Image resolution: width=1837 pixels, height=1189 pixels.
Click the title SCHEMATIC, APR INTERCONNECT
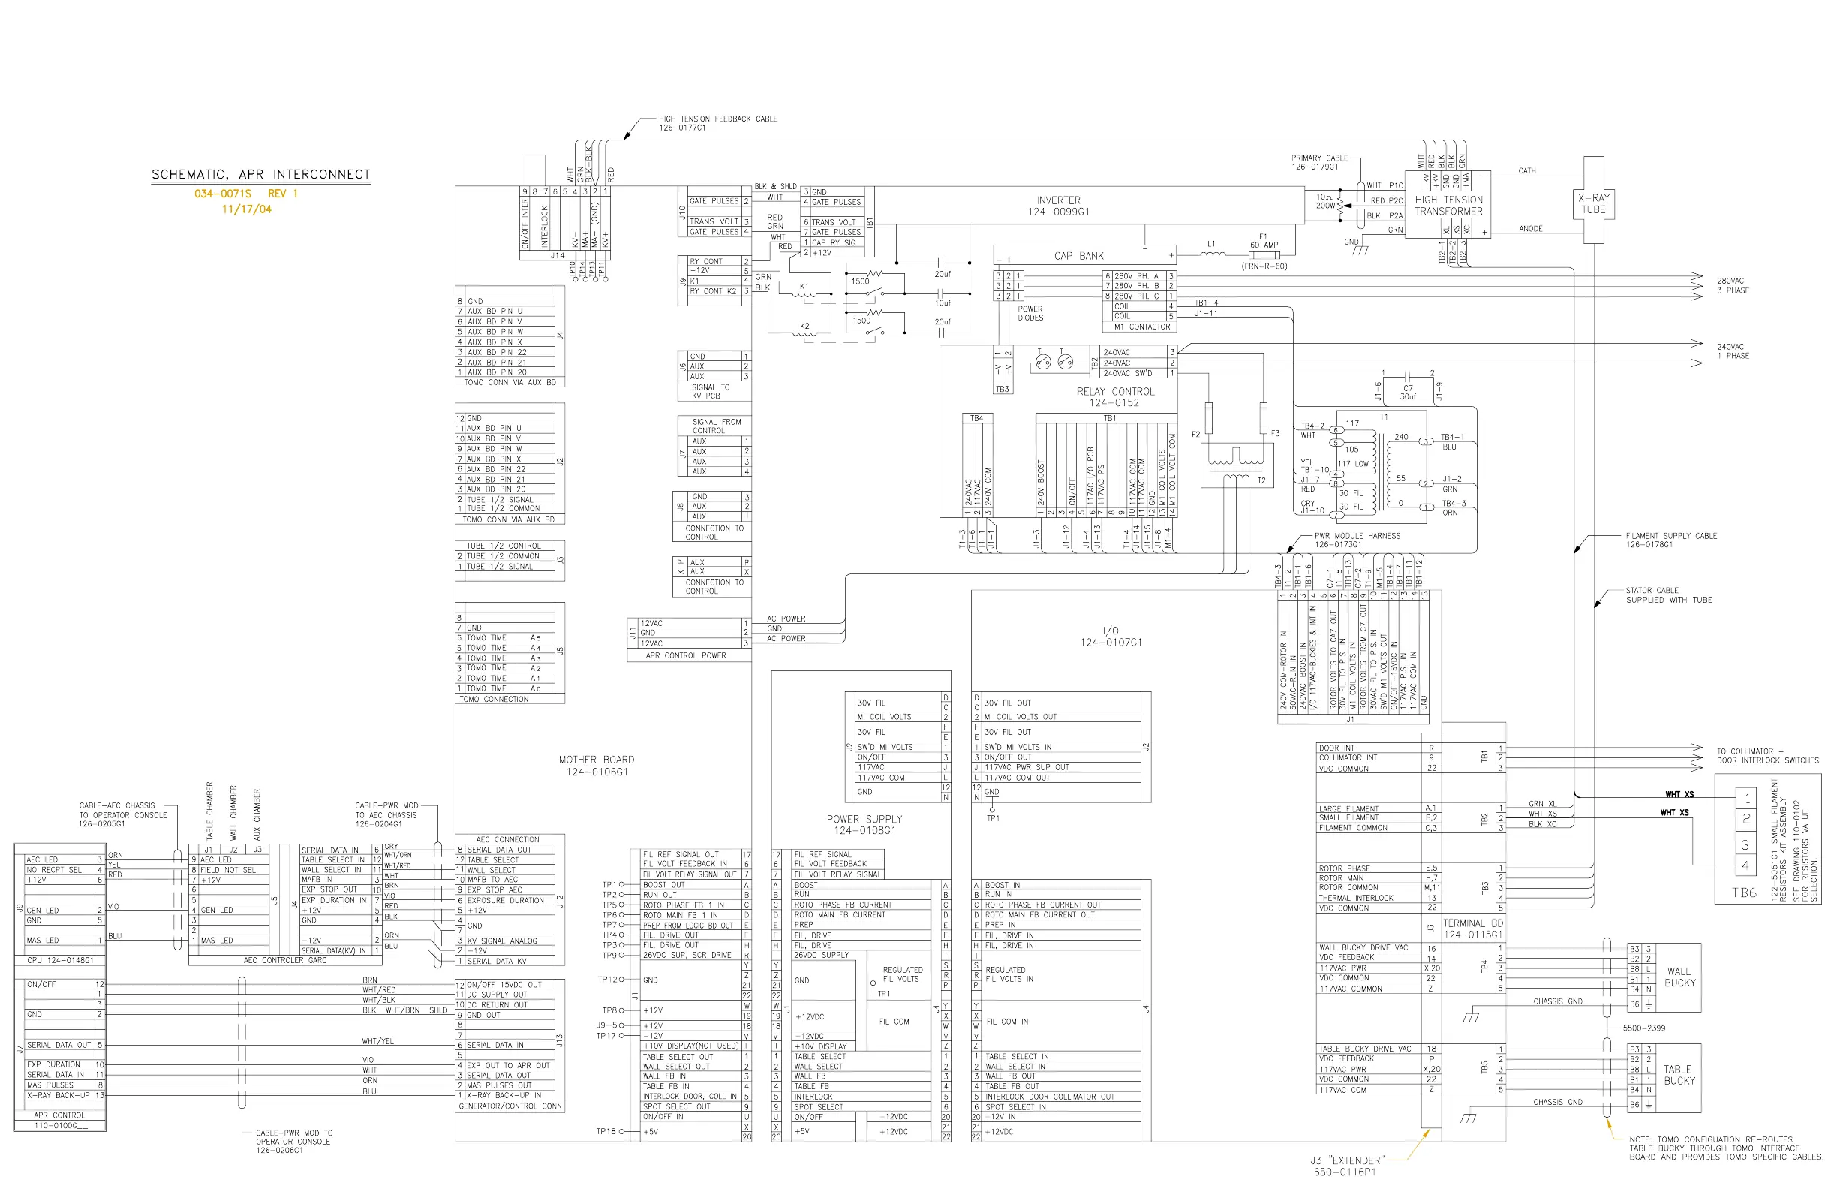tap(261, 174)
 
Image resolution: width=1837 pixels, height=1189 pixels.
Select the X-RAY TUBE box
tap(1593, 204)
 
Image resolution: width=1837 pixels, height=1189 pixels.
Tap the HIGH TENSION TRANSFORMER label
tap(1448, 206)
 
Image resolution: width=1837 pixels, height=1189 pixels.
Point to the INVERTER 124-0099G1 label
tap(1058, 206)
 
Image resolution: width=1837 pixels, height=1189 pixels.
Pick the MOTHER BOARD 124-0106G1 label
tap(596, 765)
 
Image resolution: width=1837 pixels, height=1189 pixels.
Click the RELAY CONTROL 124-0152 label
tap(1115, 397)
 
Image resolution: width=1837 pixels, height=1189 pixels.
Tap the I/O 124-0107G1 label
tap(1111, 637)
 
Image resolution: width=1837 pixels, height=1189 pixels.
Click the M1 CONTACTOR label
tap(1141, 327)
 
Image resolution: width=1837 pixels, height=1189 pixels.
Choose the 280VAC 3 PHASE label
tap(1733, 286)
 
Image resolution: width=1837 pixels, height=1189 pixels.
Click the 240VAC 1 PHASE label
tap(1733, 351)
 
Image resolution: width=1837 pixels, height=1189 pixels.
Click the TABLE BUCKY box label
tap(1678, 1075)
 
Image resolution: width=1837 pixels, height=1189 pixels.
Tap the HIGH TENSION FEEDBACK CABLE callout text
tap(717, 123)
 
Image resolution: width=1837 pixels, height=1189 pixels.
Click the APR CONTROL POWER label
tap(685, 655)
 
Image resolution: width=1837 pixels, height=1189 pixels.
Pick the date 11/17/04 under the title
tap(246, 209)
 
